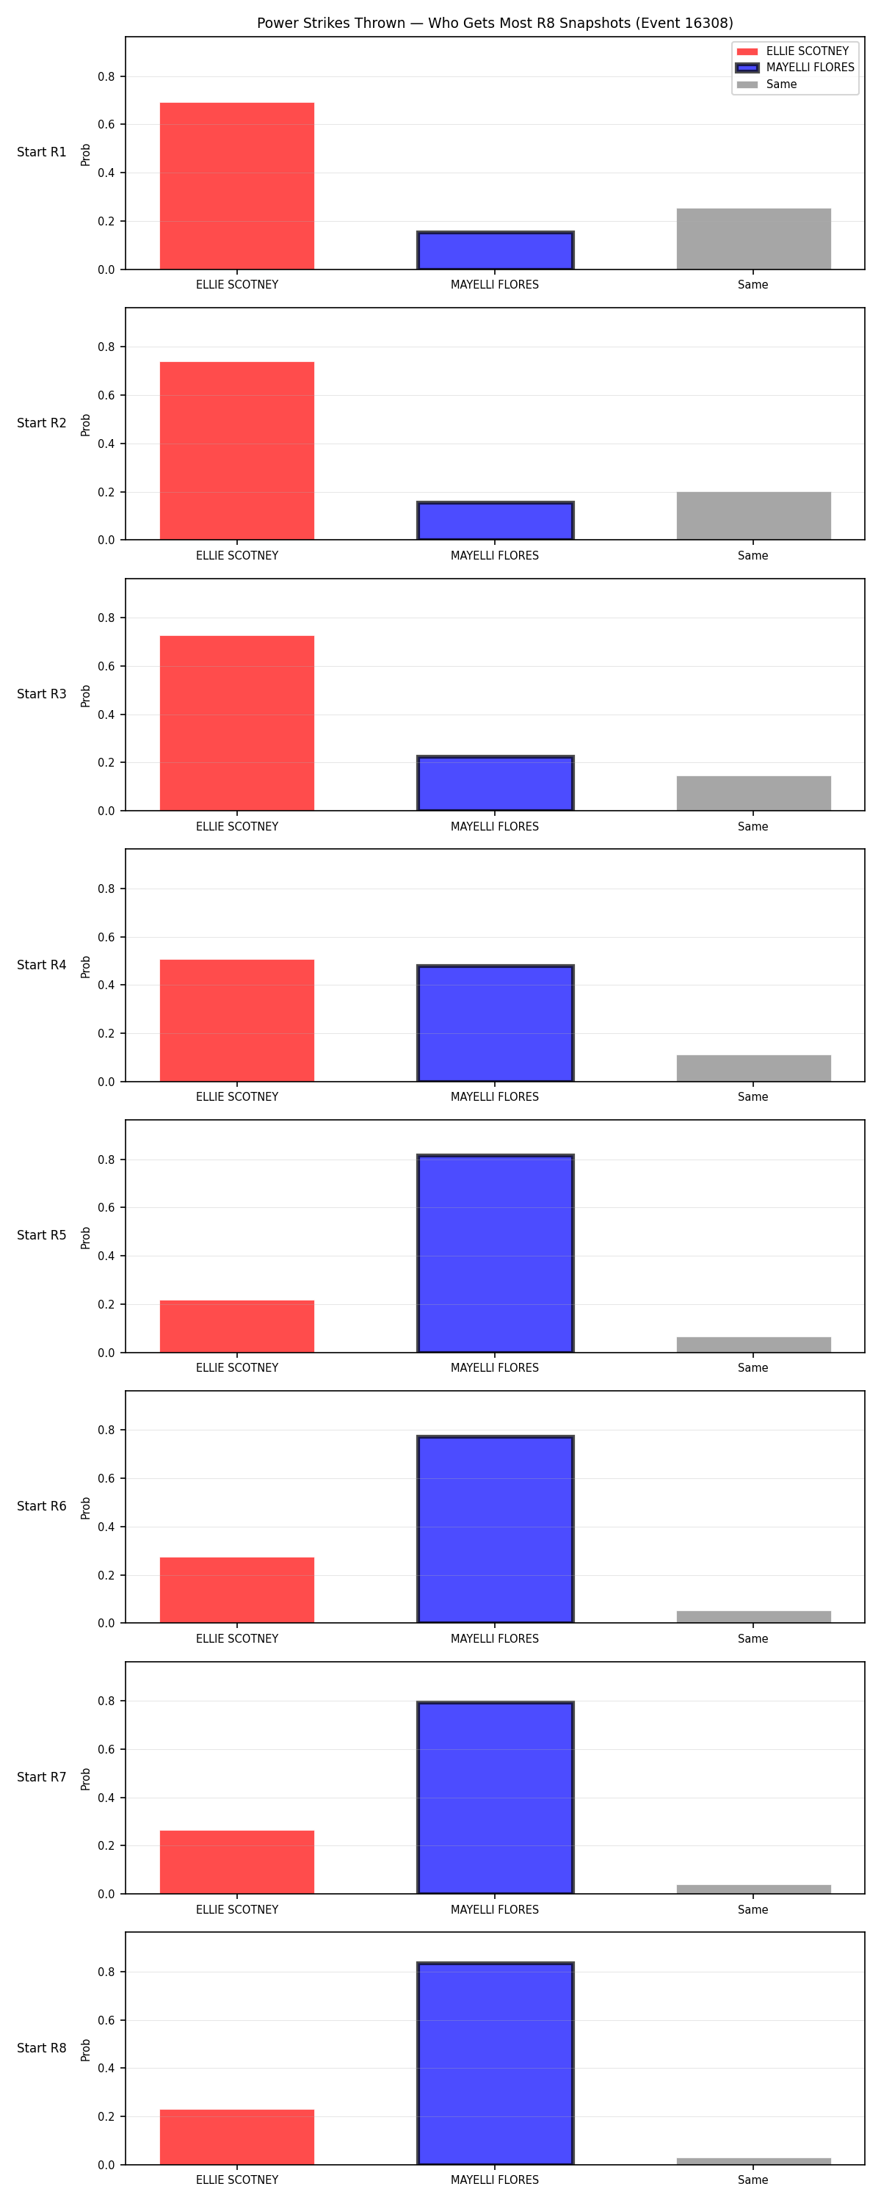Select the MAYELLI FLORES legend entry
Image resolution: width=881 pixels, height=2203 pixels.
tap(795, 68)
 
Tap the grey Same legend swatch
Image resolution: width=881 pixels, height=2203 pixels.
tap(747, 84)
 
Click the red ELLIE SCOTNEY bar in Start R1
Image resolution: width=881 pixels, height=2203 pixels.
tap(237, 186)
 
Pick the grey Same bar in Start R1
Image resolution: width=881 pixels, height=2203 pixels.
tap(753, 239)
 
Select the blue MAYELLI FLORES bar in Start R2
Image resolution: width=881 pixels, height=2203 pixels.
tap(496, 521)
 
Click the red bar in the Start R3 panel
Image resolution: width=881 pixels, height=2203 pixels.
tap(237, 723)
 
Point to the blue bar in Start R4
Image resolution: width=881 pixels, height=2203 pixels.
tap(496, 1023)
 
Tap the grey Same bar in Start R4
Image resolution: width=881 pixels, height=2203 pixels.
tap(753, 1068)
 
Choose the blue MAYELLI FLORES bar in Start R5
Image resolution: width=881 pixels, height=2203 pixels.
tap(496, 1253)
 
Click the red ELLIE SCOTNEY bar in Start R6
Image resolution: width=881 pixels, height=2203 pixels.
tap(237, 1590)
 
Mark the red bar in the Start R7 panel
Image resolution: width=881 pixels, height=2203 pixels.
tap(237, 1862)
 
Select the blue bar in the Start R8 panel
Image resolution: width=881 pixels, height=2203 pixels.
tap(496, 2063)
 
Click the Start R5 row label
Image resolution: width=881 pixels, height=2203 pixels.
tap(42, 1235)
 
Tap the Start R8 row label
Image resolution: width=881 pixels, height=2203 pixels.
tap(42, 2047)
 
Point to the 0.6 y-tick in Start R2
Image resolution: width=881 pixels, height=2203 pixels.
tap(106, 395)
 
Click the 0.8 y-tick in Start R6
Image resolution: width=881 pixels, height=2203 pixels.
tap(106, 1430)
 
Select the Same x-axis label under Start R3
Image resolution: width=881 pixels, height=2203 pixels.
tap(753, 826)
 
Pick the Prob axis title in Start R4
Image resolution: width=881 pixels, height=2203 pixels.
tap(86, 966)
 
